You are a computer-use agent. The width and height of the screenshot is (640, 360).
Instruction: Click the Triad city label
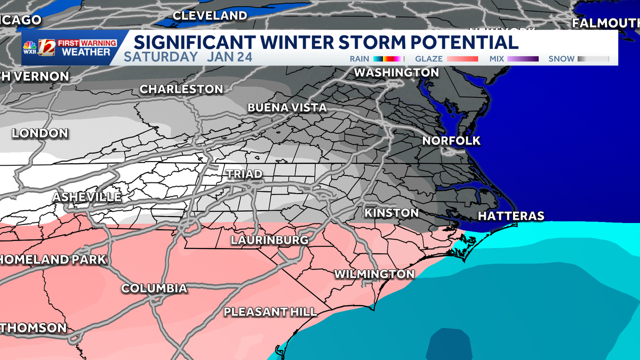coord(244,174)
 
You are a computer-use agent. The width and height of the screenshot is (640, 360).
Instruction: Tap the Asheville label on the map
coord(87,197)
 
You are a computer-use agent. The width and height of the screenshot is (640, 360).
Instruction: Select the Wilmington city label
coord(374,274)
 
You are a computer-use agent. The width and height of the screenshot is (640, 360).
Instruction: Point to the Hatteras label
coord(511,216)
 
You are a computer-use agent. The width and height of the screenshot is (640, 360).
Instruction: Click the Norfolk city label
coord(451,141)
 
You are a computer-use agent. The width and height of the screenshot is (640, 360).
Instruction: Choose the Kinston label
coord(391,213)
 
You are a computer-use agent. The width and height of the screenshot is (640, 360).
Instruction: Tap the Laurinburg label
coord(269,240)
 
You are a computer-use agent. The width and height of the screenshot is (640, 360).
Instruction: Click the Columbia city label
coord(154,289)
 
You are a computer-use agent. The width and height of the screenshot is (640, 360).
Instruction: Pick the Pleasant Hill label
coord(270,312)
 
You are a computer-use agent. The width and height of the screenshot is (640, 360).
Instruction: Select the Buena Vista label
coord(287,108)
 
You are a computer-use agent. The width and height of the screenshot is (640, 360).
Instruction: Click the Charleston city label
coord(181,89)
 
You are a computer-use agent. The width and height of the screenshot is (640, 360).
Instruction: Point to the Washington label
coord(396,72)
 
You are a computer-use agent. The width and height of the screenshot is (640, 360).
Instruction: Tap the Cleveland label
coord(210,16)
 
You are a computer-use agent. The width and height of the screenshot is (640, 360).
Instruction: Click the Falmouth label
coord(605,23)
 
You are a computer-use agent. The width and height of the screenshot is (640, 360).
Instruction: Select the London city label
coord(40,133)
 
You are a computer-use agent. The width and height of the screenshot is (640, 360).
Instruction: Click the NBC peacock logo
coord(30,49)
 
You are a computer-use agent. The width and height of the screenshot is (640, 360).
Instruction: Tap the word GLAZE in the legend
coord(429,59)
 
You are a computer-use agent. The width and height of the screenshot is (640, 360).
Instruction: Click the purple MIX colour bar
coord(523,59)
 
